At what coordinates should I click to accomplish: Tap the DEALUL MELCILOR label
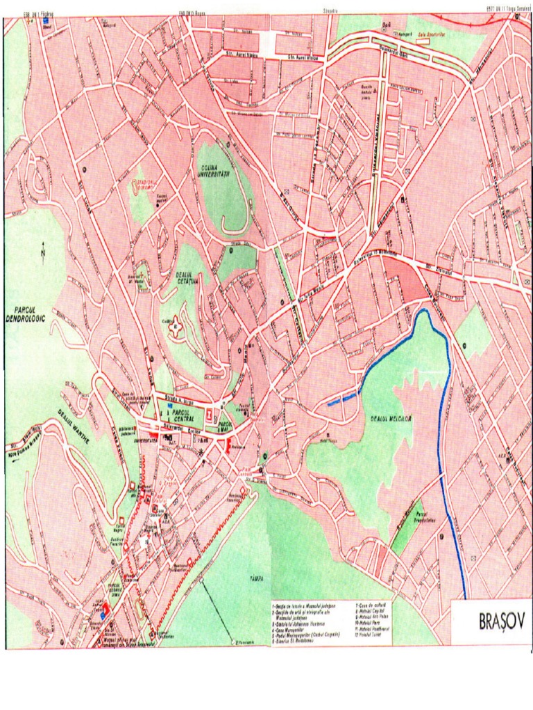(x=391, y=419)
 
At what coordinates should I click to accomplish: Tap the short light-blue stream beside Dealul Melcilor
(x=343, y=398)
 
